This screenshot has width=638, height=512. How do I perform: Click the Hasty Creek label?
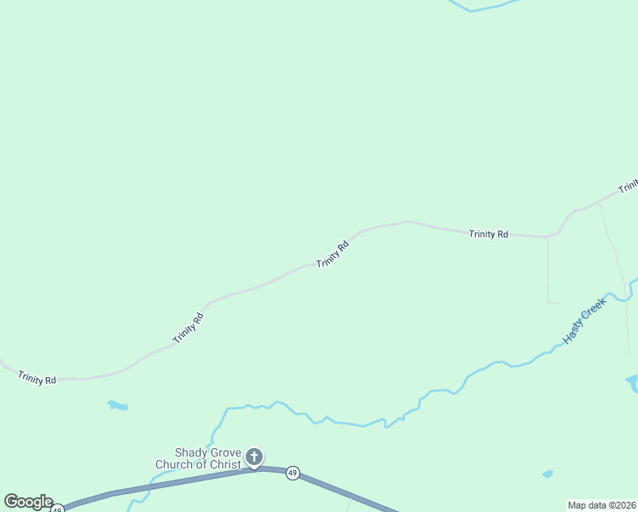(x=585, y=320)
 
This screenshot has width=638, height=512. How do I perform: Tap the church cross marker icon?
(x=254, y=457)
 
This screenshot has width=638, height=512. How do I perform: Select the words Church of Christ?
(x=198, y=465)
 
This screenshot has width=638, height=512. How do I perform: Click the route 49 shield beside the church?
(x=293, y=473)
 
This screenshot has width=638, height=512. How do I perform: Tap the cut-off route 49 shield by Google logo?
(x=57, y=509)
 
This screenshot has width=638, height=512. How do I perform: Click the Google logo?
(x=28, y=502)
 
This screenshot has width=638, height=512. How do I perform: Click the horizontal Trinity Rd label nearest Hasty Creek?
(x=489, y=234)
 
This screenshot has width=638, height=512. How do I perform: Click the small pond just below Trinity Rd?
(x=117, y=405)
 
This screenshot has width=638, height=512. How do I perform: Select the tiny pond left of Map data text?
(x=548, y=474)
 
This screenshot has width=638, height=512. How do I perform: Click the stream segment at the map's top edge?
(x=482, y=8)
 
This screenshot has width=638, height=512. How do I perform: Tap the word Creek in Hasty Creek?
(x=595, y=310)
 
